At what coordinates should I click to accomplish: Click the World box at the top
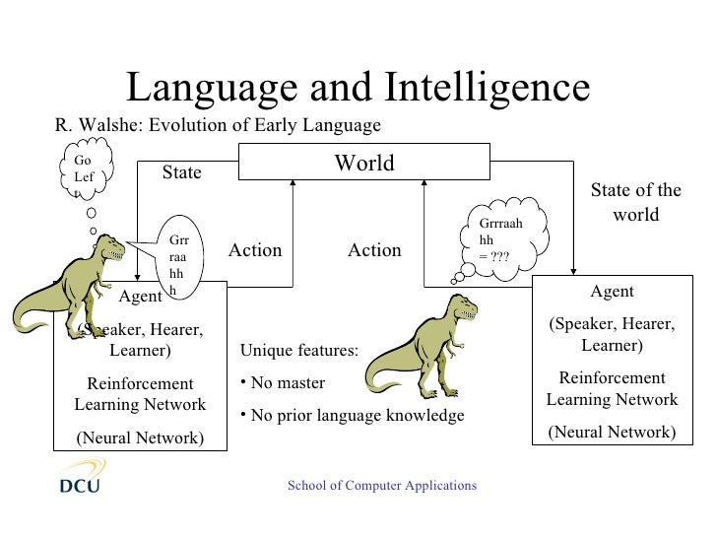pos(364,163)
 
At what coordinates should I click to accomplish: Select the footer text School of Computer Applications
pos(381,486)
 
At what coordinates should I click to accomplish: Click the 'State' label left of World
pos(181,172)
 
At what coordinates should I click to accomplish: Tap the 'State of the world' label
pos(635,202)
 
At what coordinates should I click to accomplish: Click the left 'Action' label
pos(255,250)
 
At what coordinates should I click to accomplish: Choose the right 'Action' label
pos(374,250)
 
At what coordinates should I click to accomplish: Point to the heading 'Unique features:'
pos(299,351)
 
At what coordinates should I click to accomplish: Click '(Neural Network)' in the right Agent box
pos(612,432)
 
